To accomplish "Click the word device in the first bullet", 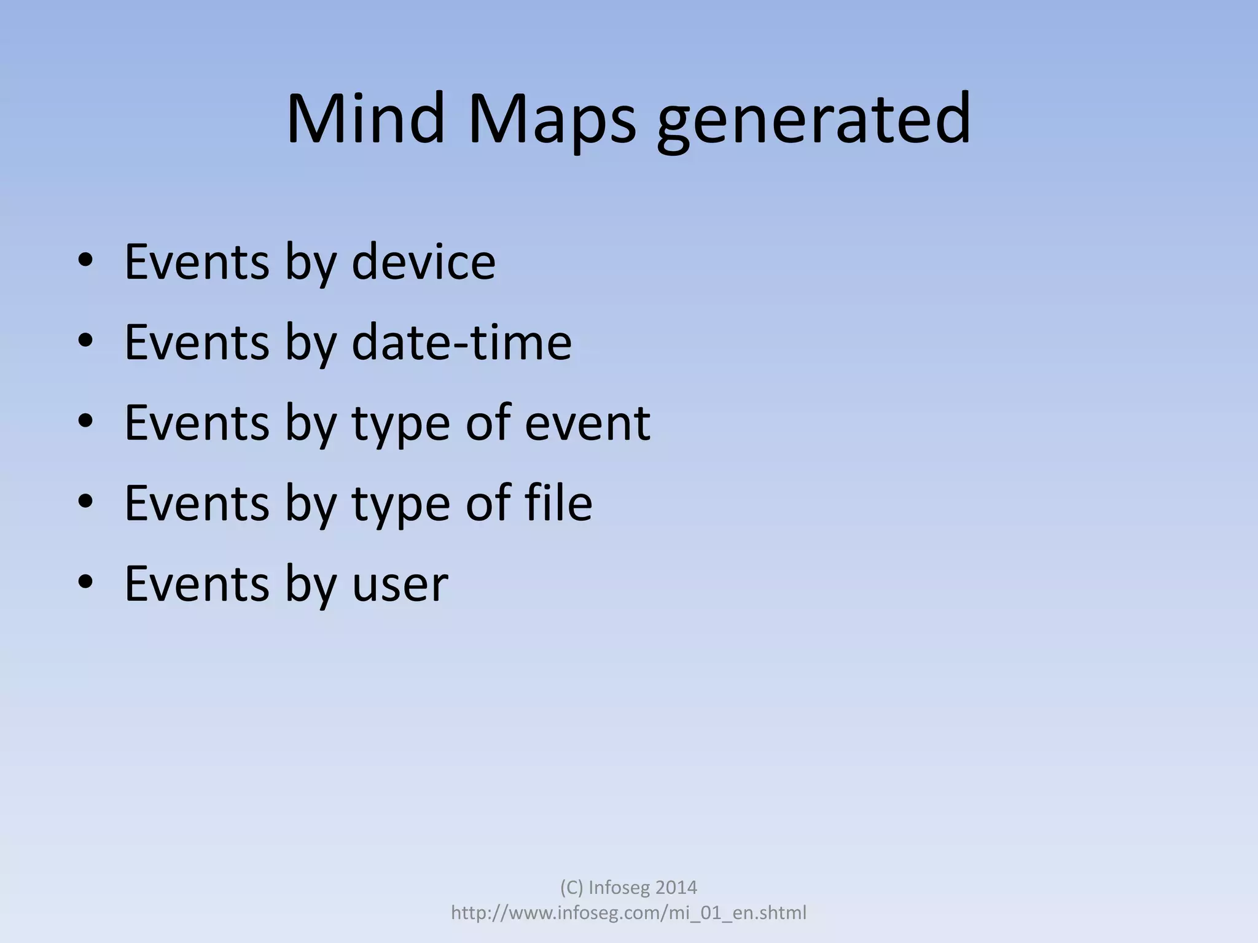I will [423, 262].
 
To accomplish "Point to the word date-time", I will [461, 342].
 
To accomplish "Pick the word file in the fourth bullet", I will [558, 503].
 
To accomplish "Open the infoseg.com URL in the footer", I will [628, 913].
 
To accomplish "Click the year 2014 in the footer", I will [676, 887].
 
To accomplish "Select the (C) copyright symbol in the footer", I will [571, 887].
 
